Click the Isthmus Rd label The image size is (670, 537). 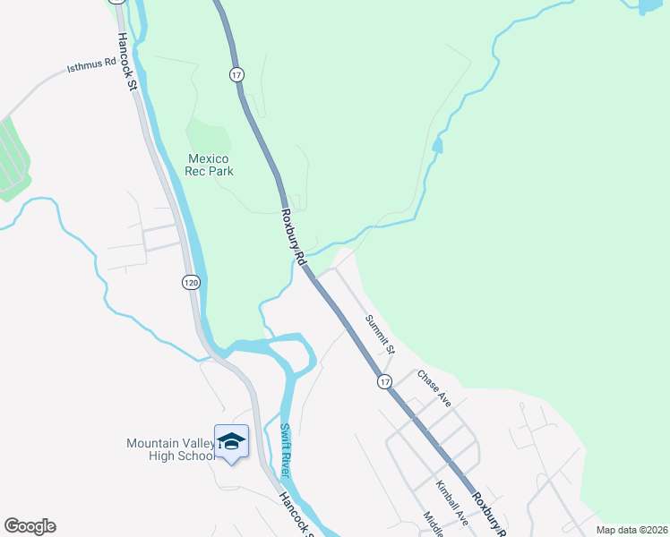[x=91, y=64]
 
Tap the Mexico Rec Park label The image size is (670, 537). [x=209, y=165]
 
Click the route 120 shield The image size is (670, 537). [x=191, y=282]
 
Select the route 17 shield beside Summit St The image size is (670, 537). [x=384, y=380]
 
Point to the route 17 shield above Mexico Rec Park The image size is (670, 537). [x=236, y=75]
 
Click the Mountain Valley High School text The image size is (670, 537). [x=170, y=449]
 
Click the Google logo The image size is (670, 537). [x=30, y=526]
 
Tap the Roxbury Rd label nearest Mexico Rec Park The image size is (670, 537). [x=295, y=236]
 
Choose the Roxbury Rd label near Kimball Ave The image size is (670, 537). [x=490, y=516]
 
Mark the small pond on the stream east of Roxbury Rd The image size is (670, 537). [x=437, y=145]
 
